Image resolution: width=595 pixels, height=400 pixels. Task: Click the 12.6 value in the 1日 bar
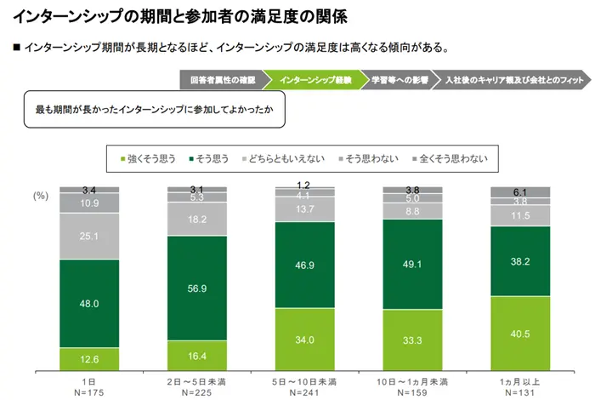point(89,357)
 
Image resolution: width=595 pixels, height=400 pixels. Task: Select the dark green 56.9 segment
point(197,288)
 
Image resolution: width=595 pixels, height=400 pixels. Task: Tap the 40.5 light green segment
point(521,334)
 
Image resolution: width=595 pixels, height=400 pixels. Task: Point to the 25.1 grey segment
point(89,236)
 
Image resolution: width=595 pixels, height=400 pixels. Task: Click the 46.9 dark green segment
point(305,266)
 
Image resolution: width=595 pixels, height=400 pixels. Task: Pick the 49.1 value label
point(413,264)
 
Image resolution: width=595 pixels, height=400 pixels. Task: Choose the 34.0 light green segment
point(305,340)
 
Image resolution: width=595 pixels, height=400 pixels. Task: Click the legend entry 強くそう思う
point(155,158)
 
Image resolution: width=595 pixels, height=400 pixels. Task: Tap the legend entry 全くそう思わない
point(452,158)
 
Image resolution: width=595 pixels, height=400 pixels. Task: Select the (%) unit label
point(41,196)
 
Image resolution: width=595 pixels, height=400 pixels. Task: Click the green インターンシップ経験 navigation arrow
point(311,81)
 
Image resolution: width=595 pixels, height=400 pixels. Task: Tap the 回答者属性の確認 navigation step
point(218,81)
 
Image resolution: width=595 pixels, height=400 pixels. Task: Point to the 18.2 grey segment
point(197,219)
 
